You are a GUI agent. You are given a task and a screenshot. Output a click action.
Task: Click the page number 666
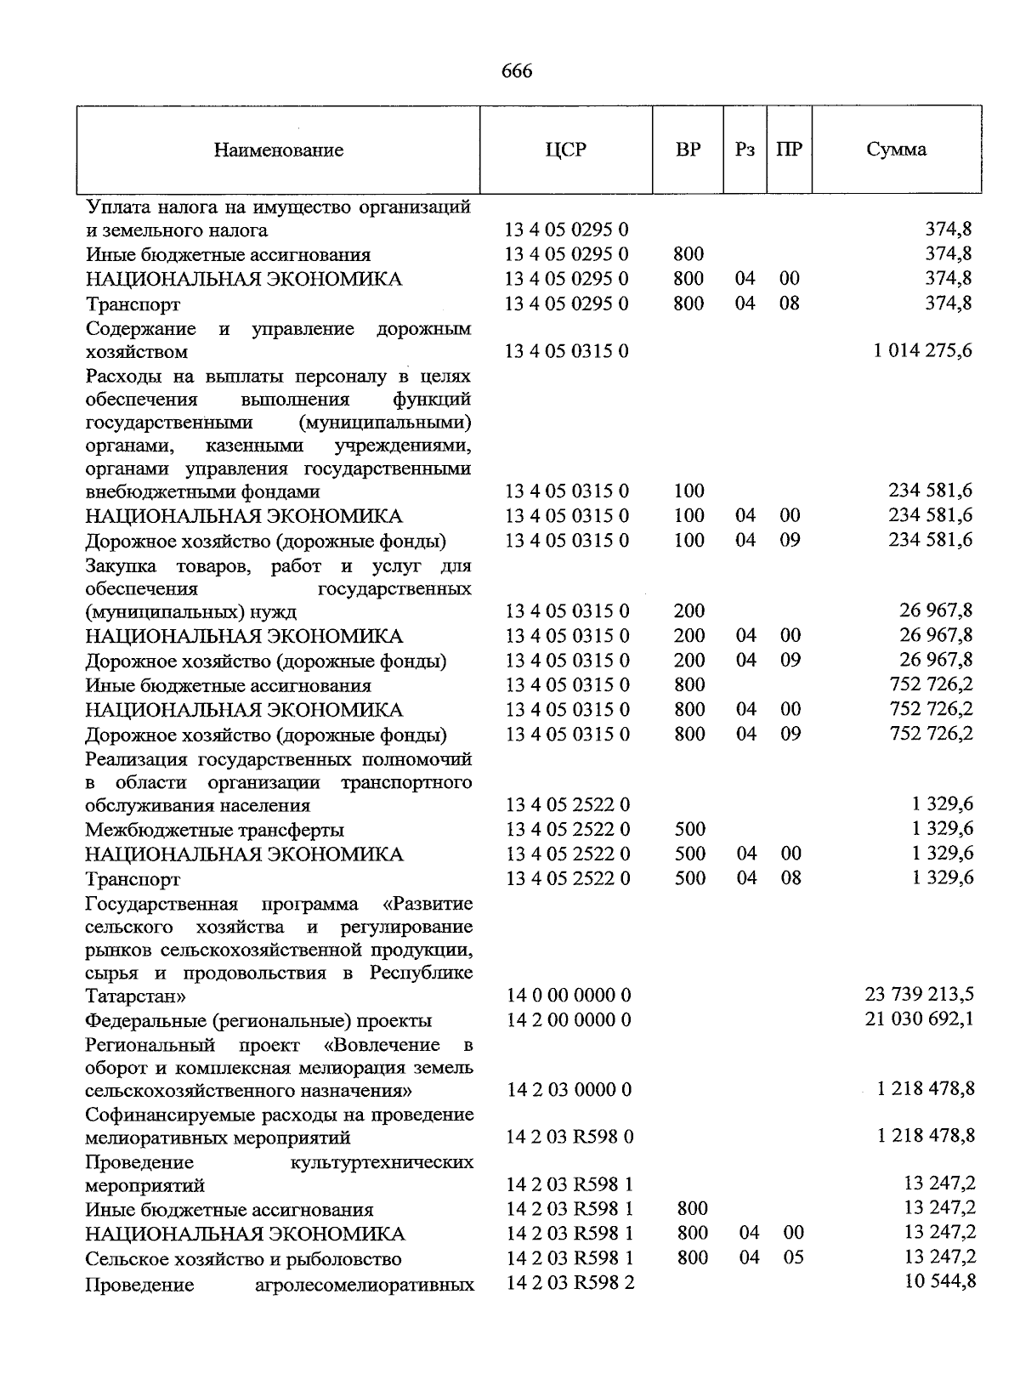[x=517, y=71]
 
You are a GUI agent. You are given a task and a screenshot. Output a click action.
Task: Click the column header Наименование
[x=279, y=150]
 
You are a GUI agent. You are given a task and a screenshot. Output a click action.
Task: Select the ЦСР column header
[x=566, y=150]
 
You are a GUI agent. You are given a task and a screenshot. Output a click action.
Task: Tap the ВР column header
[x=688, y=150]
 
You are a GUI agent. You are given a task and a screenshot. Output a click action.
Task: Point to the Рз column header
[x=745, y=150]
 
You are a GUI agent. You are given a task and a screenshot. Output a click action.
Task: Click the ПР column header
[x=789, y=150]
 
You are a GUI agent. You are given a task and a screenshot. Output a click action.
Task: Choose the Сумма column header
[x=896, y=150]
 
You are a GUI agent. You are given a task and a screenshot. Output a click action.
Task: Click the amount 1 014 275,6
[x=923, y=351]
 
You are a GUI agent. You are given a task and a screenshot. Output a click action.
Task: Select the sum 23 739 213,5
[x=920, y=995]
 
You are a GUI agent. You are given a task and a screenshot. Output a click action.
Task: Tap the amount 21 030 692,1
[x=920, y=1019]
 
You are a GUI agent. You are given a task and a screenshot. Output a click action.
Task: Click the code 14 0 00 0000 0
[x=569, y=996]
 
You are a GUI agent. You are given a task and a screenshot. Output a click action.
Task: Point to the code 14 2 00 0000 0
[x=569, y=1020]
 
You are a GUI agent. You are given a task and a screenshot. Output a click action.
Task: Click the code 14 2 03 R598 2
[x=570, y=1283]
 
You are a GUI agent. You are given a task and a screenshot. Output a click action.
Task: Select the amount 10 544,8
[x=941, y=1282]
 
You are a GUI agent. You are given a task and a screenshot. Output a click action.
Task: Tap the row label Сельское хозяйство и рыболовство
[x=243, y=1259]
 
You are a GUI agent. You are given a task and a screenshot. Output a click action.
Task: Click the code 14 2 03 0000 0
[x=569, y=1090]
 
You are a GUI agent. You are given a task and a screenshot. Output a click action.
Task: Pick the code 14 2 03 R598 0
[x=569, y=1138]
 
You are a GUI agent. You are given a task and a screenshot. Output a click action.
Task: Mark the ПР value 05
[x=793, y=1257]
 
